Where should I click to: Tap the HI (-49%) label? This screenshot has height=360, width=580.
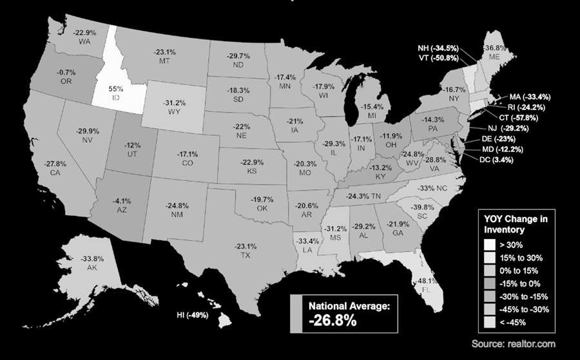tap(193, 316)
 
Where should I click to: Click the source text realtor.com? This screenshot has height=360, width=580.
tap(513, 343)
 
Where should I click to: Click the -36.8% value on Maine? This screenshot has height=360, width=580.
tap(494, 48)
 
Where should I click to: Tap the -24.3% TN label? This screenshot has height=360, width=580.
tap(364, 196)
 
